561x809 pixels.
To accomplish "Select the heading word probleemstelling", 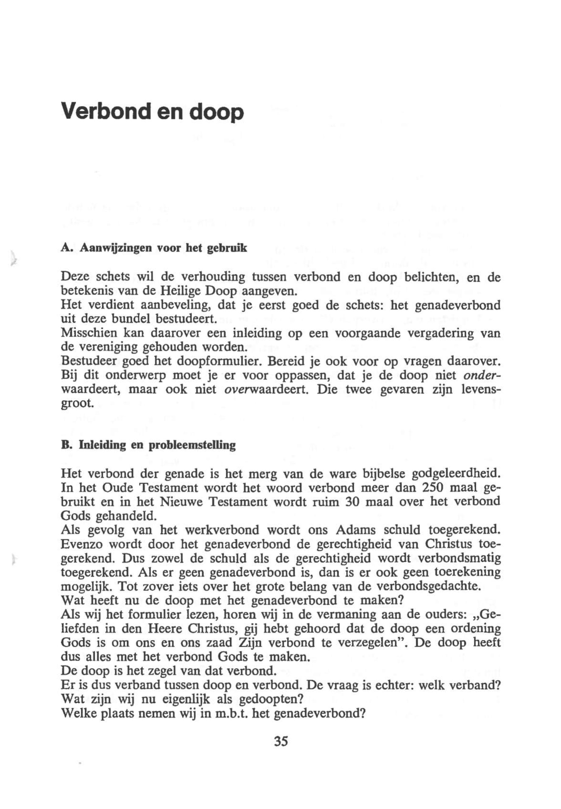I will [192, 446].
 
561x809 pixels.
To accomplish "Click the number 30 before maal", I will [354, 502].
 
